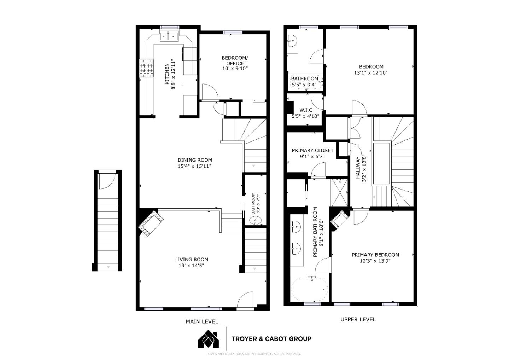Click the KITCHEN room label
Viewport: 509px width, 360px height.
tap(167, 74)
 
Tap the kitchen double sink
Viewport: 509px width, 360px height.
tap(169, 36)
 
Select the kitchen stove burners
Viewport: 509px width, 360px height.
tap(147, 68)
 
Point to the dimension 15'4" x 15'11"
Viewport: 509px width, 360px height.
tap(194, 166)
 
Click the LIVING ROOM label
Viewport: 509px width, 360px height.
tap(192, 259)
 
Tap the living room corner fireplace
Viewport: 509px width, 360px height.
tap(151, 223)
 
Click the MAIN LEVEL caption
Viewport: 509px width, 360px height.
tap(202, 321)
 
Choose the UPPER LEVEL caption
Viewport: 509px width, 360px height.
tap(358, 319)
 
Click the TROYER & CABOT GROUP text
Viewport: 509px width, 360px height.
tap(271, 339)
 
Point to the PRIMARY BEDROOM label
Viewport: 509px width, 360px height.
tap(375, 255)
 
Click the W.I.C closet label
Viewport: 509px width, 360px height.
tap(306, 110)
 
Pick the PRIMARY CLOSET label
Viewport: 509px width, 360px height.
tap(312, 150)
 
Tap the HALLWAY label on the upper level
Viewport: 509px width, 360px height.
tap(358, 168)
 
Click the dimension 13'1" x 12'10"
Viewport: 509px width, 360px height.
tap(371, 73)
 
